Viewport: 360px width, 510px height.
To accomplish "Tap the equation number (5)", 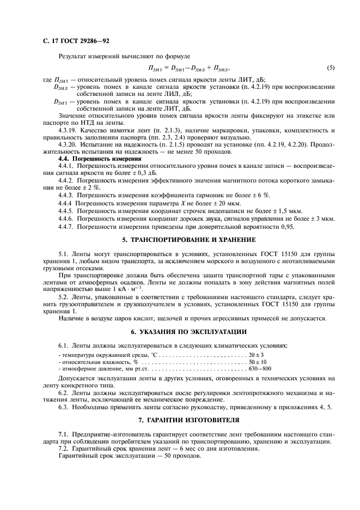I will point(330,68).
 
